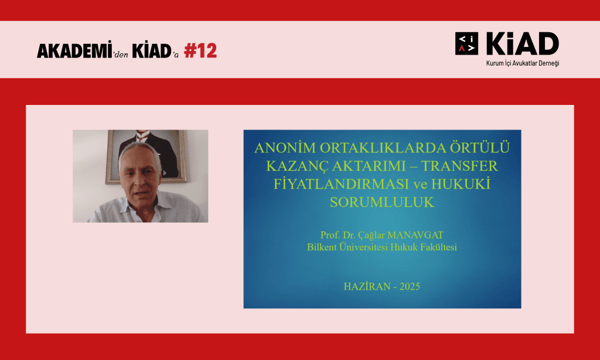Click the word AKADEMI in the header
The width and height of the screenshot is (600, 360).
(x=74, y=50)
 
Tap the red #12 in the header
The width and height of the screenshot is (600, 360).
(x=200, y=50)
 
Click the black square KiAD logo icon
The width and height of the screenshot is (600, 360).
(x=466, y=43)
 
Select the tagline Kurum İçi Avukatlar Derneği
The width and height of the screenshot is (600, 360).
(x=523, y=63)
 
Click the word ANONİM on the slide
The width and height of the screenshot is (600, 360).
(x=285, y=148)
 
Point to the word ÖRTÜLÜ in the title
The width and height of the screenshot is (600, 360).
(x=480, y=147)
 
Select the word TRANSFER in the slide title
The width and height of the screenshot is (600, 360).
(x=459, y=166)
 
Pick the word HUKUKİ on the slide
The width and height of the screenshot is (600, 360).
(x=461, y=184)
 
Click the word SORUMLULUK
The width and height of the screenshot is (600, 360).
(x=382, y=202)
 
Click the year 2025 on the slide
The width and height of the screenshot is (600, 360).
(x=410, y=287)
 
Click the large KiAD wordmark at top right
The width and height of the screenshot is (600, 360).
(x=522, y=43)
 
